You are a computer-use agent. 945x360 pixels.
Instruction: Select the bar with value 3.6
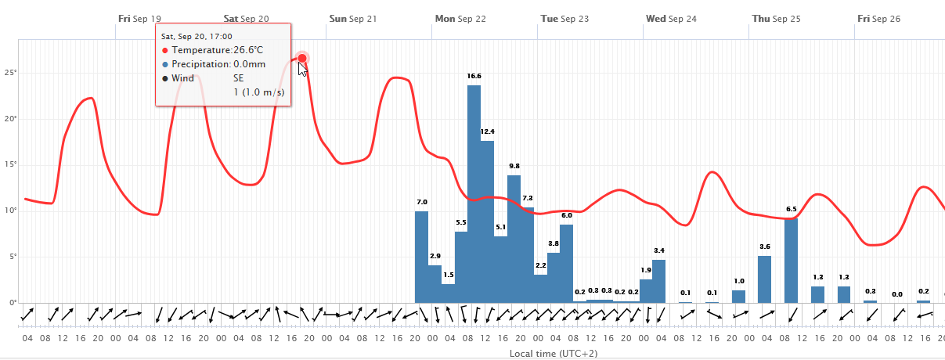click(x=765, y=279)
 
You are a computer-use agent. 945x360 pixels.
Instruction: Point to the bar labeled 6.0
click(x=567, y=263)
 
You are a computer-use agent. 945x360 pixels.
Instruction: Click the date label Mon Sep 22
click(x=460, y=18)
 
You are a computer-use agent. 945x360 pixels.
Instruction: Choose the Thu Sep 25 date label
click(x=776, y=18)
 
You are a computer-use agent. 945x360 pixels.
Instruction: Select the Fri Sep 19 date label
click(x=140, y=18)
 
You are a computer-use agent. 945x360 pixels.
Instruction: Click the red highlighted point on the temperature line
click(x=302, y=58)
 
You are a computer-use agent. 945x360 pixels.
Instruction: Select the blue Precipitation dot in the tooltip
click(x=165, y=64)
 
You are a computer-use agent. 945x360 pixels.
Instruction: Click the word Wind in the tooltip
click(x=183, y=78)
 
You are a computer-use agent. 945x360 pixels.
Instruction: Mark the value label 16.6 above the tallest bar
click(x=474, y=76)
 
